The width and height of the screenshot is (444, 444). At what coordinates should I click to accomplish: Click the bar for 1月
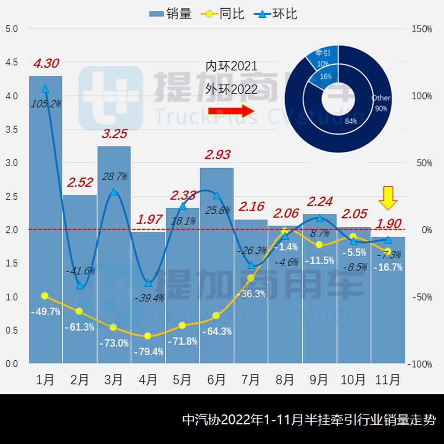[x=46, y=217]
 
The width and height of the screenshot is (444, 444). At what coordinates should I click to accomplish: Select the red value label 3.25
[x=114, y=134]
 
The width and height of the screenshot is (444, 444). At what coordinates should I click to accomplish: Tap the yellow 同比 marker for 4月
[x=148, y=336]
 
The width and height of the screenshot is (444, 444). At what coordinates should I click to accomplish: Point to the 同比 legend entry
[x=223, y=14]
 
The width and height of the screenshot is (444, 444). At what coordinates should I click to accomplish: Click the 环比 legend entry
[x=278, y=14]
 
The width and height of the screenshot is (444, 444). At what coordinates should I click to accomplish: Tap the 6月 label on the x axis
[x=216, y=380]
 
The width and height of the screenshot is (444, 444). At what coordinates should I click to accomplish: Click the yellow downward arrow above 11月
[x=388, y=199]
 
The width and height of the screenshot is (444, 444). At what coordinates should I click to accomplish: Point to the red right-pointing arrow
[x=231, y=111]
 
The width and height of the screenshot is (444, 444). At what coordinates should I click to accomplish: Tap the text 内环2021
[x=232, y=66]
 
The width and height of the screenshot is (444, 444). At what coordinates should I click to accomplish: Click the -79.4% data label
[x=148, y=352]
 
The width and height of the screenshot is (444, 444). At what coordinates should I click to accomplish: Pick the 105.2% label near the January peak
[x=46, y=104]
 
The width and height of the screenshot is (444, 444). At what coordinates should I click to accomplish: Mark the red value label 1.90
[x=389, y=224]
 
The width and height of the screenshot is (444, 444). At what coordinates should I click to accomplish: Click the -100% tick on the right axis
[x=420, y=364]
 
